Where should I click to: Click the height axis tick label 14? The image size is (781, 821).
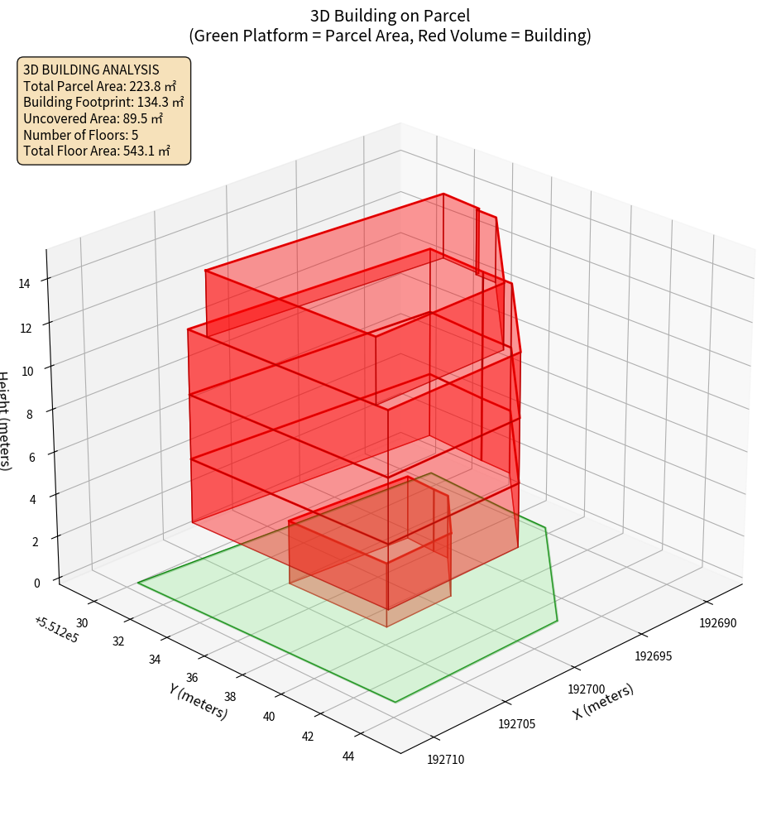click(25, 283)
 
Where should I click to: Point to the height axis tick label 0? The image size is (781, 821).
click(36, 583)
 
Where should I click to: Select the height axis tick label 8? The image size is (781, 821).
click(30, 414)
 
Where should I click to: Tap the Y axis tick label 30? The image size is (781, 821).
click(82, 622)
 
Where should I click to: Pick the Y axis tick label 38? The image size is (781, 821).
click(230, 697)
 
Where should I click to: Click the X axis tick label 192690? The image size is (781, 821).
click(717, 622)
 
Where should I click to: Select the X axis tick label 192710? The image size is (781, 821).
click(446, 758)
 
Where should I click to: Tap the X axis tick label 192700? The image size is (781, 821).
click(587, 689)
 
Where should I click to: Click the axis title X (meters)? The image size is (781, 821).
click(603, 702)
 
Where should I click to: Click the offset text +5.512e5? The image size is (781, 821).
click(56, 629)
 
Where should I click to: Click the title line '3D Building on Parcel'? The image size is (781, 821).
click(390, 16)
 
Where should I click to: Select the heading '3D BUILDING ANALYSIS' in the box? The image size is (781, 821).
click(91, 70)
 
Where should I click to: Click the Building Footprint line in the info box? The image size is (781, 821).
click(103, 102)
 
